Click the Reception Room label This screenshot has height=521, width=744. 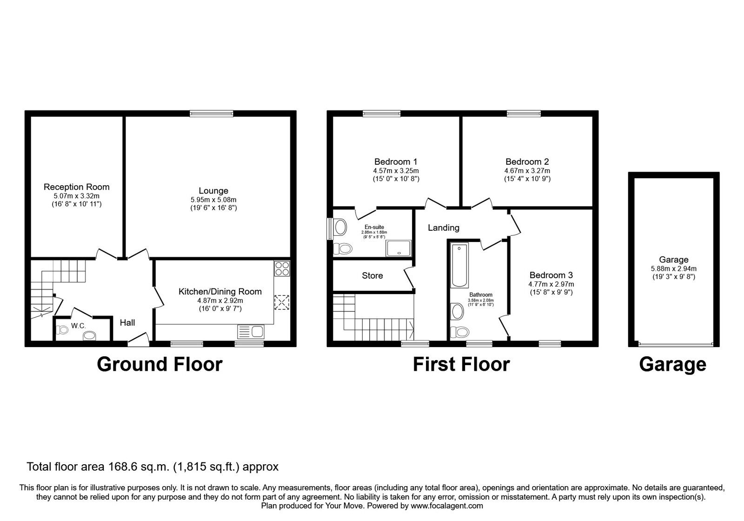pos(76,187)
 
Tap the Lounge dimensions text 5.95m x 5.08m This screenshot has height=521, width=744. pos(213,200)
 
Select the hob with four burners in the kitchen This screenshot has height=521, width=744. pos(282,268)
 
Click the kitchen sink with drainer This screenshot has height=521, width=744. pos(251,332)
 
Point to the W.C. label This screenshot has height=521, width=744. pos(79,326)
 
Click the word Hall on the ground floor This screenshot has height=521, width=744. pos(127,322)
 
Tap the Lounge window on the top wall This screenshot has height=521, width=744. pos(212,114)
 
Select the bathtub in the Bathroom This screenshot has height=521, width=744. pos(459,265)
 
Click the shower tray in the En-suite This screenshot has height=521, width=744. pos(399,248)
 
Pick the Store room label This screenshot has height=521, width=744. pos(372,275)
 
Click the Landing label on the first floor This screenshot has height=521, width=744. pos(444,227)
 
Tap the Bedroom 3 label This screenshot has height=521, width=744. pos(551,275)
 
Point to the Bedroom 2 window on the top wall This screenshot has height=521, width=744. pos(524,114)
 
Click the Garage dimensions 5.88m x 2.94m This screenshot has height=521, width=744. pos(674,268)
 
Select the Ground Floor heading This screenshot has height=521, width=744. pos(160,364)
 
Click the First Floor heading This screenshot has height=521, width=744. pos(461,364)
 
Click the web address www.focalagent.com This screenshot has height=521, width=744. pos(447,506)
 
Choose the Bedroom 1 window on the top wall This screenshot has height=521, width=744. pos(382,114)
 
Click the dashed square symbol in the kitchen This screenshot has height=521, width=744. pos(282,302)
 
